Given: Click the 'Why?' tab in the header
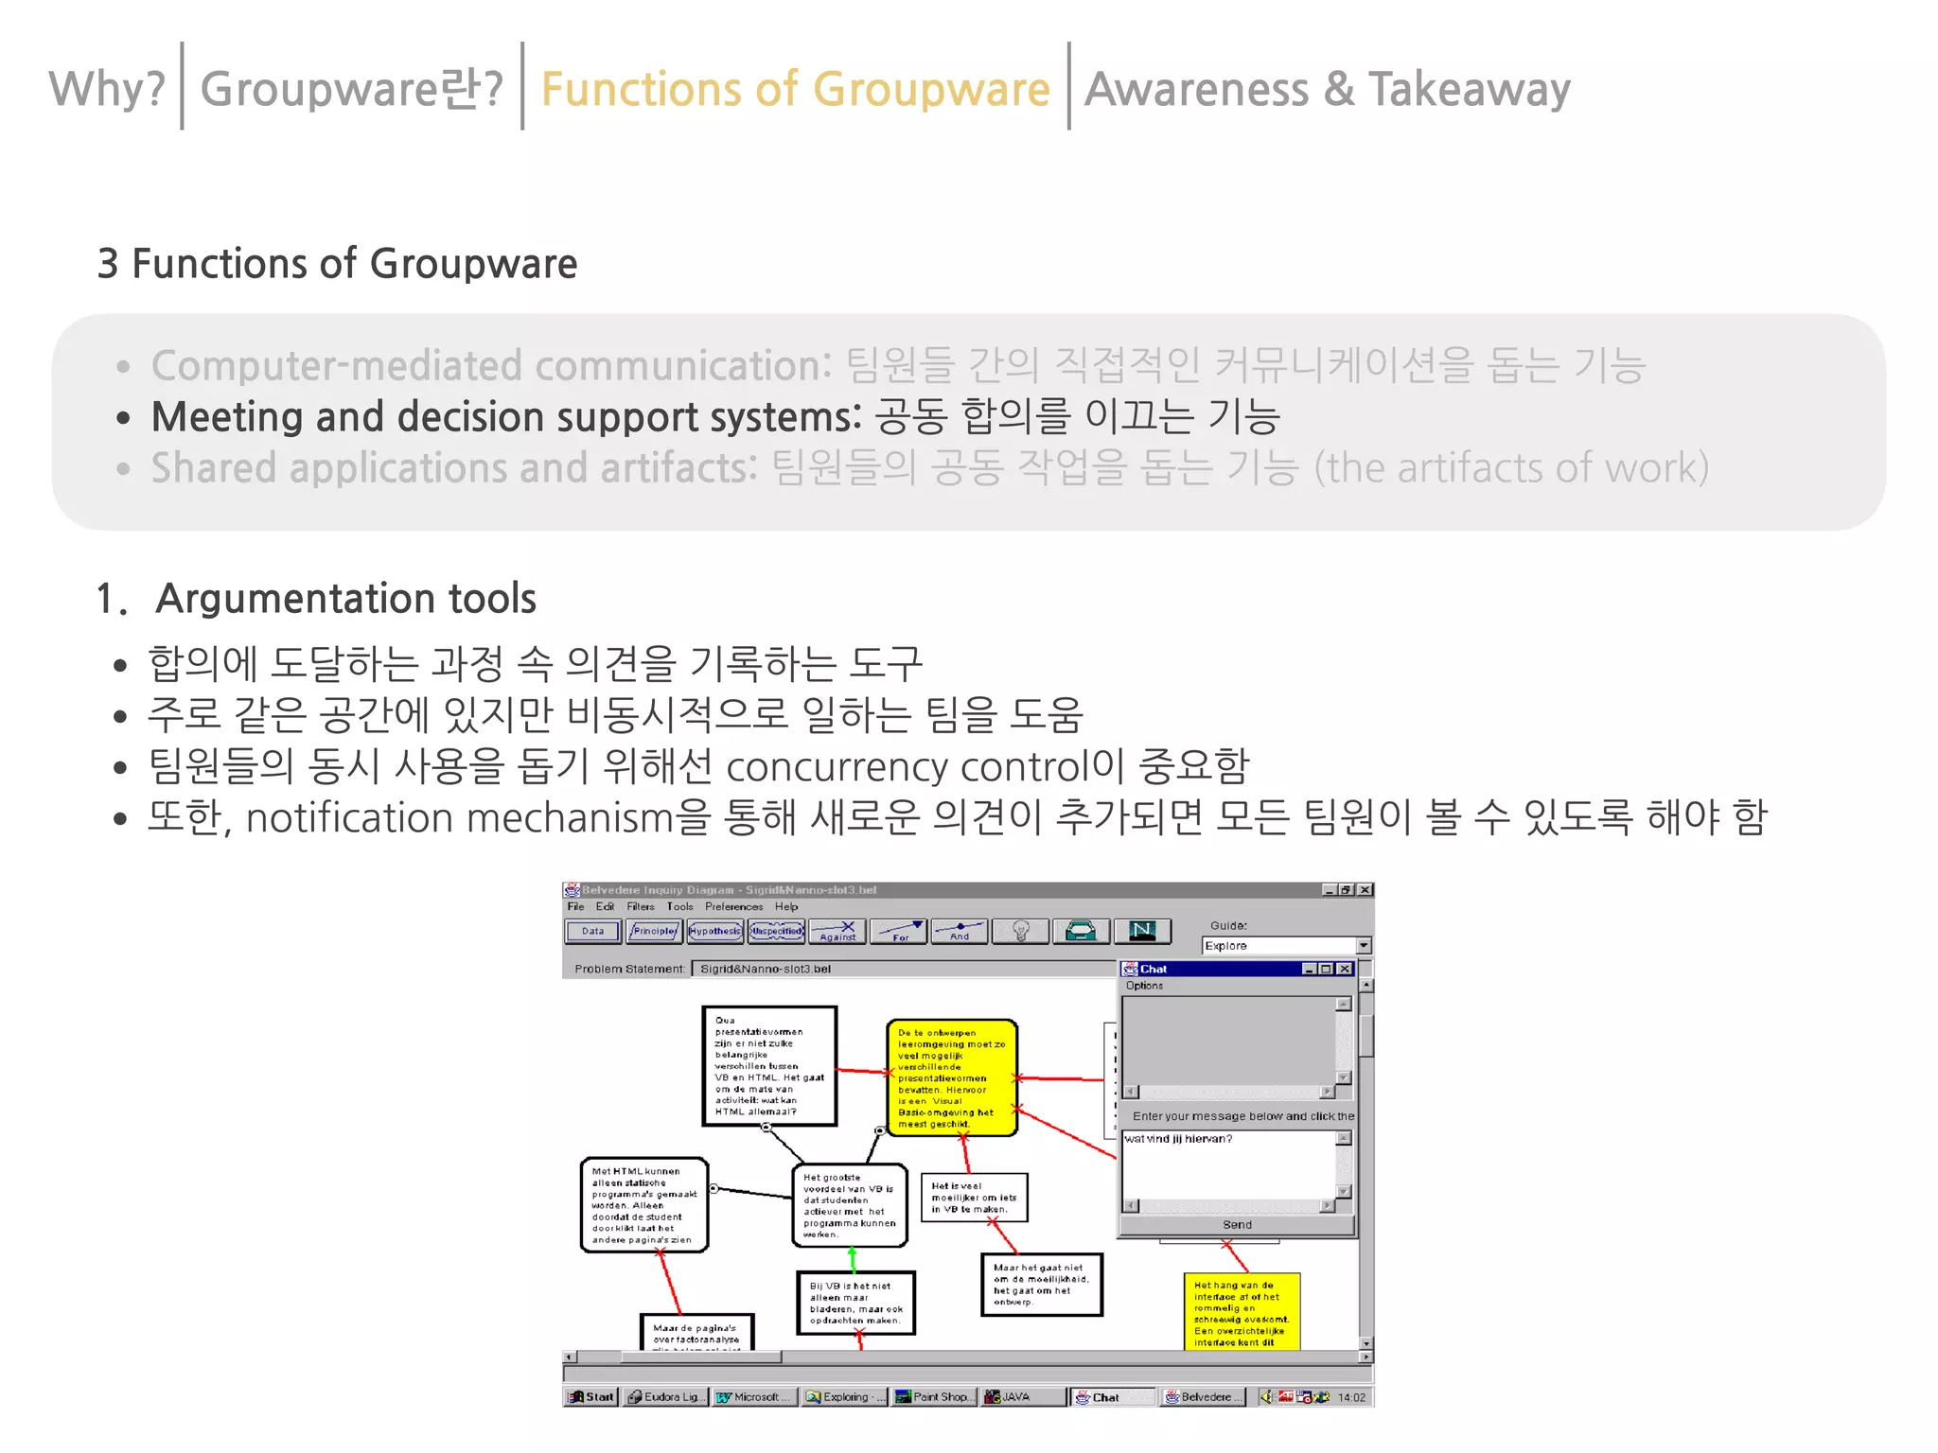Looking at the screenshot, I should click(107, 89).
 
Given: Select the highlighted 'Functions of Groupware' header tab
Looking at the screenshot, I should click(795, 89).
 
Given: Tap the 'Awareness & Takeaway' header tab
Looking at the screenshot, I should click(1327, 89).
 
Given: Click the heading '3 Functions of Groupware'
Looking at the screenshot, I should click(337, 263).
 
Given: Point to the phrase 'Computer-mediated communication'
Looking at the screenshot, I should click(490, 366).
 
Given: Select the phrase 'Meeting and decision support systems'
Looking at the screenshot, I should click(505, 417).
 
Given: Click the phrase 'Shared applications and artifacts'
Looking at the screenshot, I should click(453, 468).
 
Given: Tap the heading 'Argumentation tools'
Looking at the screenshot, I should click(345, 599).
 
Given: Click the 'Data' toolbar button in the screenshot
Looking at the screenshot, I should click(592, 932).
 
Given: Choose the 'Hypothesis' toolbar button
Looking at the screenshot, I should click(714, 932).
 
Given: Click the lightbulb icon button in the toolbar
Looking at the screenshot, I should click(1020, 932).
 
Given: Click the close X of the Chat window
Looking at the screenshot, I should click(1344, 969).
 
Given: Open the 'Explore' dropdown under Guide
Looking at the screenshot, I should click(1363, 946).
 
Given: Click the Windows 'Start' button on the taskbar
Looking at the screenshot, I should click(591, 1397).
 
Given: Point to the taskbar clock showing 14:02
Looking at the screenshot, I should click(1351, 1397).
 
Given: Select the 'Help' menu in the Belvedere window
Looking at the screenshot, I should click(786, 906).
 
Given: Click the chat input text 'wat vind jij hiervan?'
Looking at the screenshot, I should click(1178, 1139).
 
